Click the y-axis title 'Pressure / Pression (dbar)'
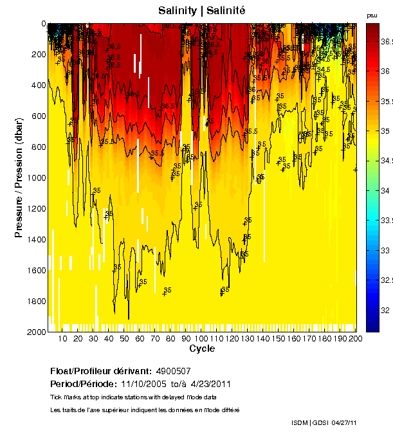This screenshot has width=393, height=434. point(19,177)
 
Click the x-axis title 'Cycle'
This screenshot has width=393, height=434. point(202,348)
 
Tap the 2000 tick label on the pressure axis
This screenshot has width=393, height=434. point(35,332)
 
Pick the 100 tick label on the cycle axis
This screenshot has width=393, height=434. point(202,338)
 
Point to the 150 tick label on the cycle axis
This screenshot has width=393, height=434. point(279,338)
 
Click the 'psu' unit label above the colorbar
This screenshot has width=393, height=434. point(372,15)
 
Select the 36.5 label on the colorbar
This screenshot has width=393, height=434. point(387,41)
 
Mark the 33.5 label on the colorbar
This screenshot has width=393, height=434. point(387,220)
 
